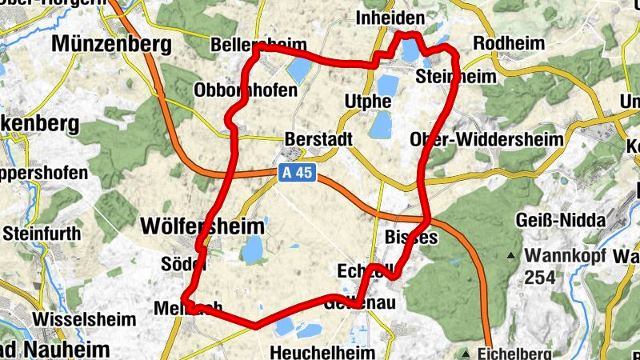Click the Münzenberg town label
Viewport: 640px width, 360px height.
click(x=111, y=44)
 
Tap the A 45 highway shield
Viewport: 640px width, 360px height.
click(x=297, y=173)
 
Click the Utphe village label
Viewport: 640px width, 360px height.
click(x=367, y=101)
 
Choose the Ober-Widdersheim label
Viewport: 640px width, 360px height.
click(x=486, y=139)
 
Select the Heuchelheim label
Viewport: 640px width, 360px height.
click(x=322, y=352)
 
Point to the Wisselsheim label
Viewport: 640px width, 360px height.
click(x=77, y=318)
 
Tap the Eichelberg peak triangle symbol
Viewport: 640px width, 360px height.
click(x=466, y=352)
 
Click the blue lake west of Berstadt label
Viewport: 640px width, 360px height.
click(x=298, y=70)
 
